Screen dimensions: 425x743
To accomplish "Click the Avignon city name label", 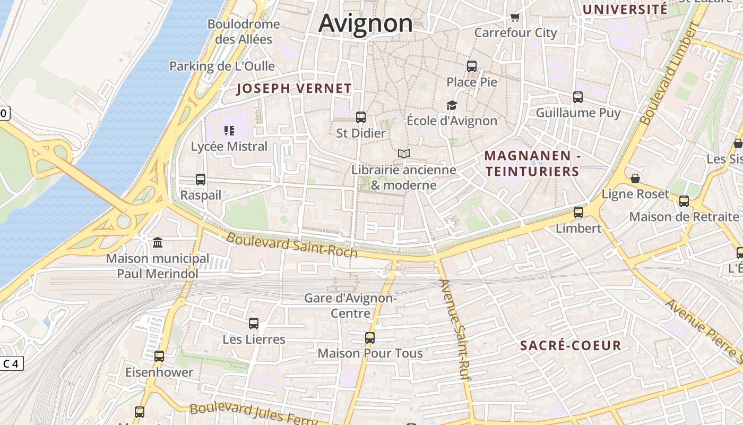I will (x=366, y=23).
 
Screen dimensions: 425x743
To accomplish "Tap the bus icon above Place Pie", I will (x=472, y=66).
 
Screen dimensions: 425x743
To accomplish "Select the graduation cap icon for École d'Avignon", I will (x=452, y=105).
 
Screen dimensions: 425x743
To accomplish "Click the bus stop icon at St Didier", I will (x=361, y=117).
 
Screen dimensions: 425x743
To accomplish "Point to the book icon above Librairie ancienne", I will (x=404, y=154).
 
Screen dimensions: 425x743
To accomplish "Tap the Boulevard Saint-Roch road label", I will (x=291, y=244).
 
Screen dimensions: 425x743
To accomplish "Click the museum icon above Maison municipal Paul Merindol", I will (x=158, y=243).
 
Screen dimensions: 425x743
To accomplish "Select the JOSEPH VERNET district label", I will (x=294, y=89).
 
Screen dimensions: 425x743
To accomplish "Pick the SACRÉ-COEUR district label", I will (x=571, y=346).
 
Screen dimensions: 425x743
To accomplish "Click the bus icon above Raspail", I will (x=201, y=180).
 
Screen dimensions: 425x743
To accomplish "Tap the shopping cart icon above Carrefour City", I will (x=515, y=18).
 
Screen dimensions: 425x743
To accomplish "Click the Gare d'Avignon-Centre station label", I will (x=350, y=305).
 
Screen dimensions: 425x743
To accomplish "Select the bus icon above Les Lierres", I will (x=254, y=324).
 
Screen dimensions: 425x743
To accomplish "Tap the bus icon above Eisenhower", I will (x=159, y=356).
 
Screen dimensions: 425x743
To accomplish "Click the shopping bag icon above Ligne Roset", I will (x=635, y=178).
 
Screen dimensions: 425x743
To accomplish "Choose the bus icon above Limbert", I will (x=578, y=212).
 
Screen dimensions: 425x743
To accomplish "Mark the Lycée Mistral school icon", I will (x=229, y=131).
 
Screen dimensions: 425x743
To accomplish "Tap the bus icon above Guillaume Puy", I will (x=578, y=97).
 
